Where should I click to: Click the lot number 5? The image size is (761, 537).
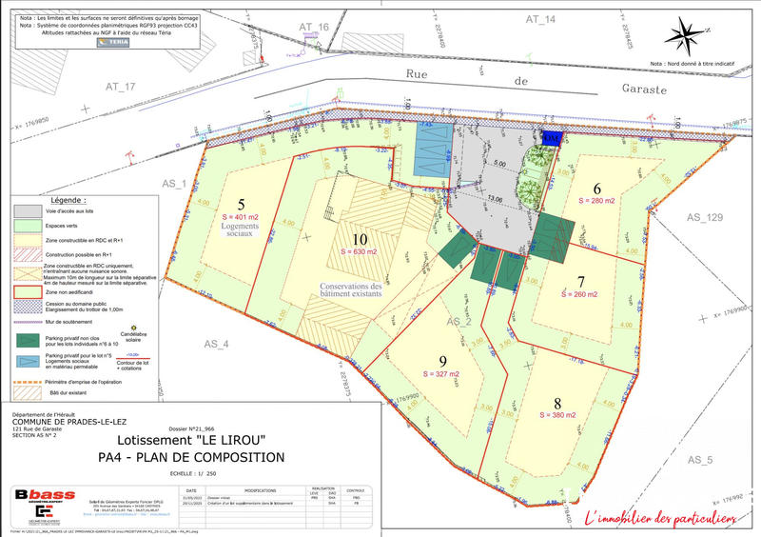(x=241, y=204)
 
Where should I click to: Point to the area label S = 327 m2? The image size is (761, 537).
(x=442, y=375)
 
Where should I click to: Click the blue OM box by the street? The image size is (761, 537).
(x=551, y=138)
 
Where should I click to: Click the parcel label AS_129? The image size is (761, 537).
(x=705, y=218)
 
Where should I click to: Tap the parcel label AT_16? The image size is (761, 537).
(x=313, y=28)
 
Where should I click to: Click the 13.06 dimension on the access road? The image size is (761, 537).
(x=494, y=200)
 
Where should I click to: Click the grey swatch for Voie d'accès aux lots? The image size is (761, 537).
(x=27, y=210)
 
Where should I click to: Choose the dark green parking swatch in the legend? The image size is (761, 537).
(x=27, y=340)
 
